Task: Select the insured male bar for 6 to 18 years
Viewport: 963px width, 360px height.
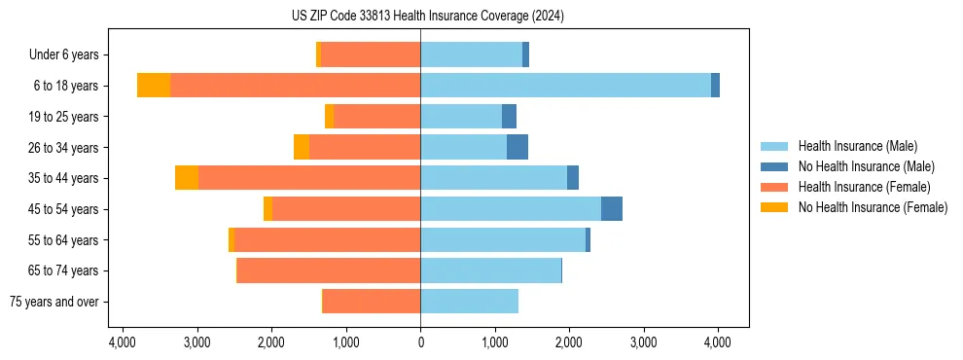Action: point(565,86)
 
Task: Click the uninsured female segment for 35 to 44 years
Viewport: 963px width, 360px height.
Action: point(187,178)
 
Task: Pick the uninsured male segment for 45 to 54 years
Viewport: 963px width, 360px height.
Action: point(611,209)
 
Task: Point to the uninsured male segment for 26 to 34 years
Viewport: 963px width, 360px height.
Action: point(517,147)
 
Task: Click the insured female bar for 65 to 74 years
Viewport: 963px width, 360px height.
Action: point(329,270)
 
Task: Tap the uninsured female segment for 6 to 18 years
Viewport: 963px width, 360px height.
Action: point(154,86)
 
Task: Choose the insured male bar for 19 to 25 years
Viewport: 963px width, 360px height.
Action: point(461,117)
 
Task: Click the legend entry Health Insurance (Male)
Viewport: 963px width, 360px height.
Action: point(857,146)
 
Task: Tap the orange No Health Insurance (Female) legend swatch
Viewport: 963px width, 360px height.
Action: point(774,207)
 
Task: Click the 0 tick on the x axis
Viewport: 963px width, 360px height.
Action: point(420,342)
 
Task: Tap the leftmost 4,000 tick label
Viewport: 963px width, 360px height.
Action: point(123,342)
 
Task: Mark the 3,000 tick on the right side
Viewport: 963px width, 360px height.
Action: point(643,342)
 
